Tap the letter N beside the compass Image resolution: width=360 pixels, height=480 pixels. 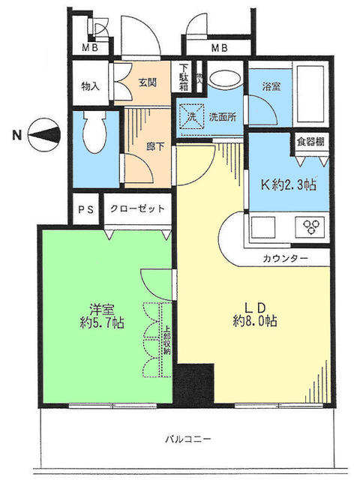coord(16,136)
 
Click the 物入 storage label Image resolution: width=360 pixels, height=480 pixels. coord(90,86)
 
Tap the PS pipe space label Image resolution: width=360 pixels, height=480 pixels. coord(85,209)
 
